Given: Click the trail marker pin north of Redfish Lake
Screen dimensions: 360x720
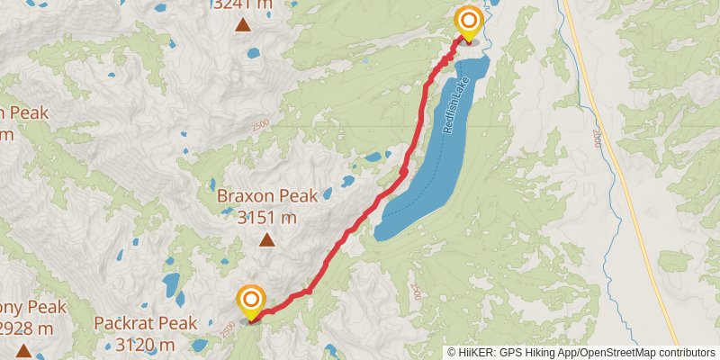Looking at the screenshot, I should pyautogui.click(x=469, y=22).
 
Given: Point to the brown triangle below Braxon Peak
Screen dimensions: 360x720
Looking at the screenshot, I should pyautogui.click(x=266, y=239).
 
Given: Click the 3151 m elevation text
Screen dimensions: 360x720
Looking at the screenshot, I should pyautogui.click(x=266, y=217).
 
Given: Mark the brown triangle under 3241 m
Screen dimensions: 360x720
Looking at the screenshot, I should pyautogui.click(x=243, y=25).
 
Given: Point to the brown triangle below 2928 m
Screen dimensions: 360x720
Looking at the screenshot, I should pyautogui.click(x=22, y=349).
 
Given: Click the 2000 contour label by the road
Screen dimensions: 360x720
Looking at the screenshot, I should pyautogui.click(x=596, y=138).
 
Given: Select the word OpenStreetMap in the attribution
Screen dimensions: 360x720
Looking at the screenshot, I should pyautogui.click(x=615, y=352).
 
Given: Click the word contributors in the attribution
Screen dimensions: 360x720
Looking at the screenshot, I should pyautogui.click(x=685, y=352).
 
